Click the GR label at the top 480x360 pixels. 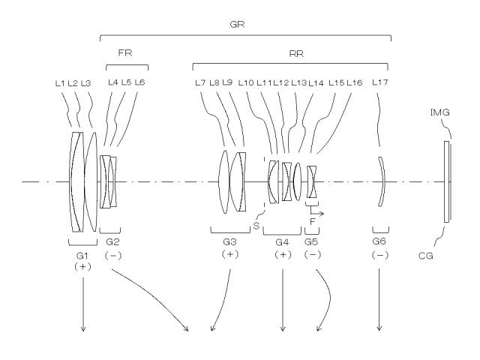(x=237, y=25)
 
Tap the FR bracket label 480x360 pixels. (x=125, y=53)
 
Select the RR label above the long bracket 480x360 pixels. (x=296, y=54)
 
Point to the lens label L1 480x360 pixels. (x=60, y=83)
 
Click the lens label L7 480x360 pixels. (x=200, y=82)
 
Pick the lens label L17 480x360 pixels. (x=380, y=82)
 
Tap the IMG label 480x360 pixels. (x=440, y=112)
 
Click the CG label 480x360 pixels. (x=426, y=255)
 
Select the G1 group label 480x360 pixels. (x=82, y=255)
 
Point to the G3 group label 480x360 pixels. (x=229, y=242)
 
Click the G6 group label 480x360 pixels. (x=379, y=241)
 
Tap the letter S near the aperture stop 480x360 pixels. (x=256, y=226)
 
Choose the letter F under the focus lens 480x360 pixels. (x=313, y=221)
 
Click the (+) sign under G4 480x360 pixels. (x=283, y=255)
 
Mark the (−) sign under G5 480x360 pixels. (x=313, y=255)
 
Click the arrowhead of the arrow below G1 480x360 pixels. (x=83, y=328)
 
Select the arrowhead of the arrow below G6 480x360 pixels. (x=379, y=328)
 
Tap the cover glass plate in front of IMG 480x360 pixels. (x=447, y=181)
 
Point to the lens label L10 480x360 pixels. (x=246, y=82)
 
